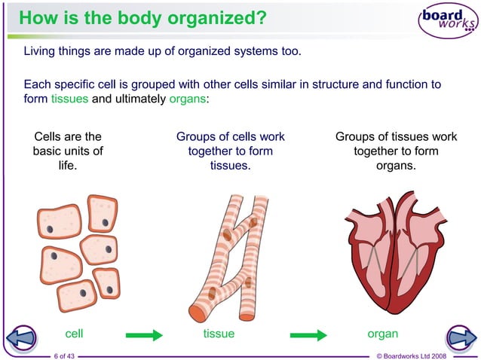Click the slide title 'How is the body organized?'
click(x=142, y=17)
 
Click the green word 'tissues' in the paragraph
click(x=69, y=99)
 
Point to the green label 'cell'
click(x=74, y=334)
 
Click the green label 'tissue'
click(x=219, y=334)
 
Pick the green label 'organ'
click(x=382, y=334)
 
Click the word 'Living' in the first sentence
click(x=41, y=52)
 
